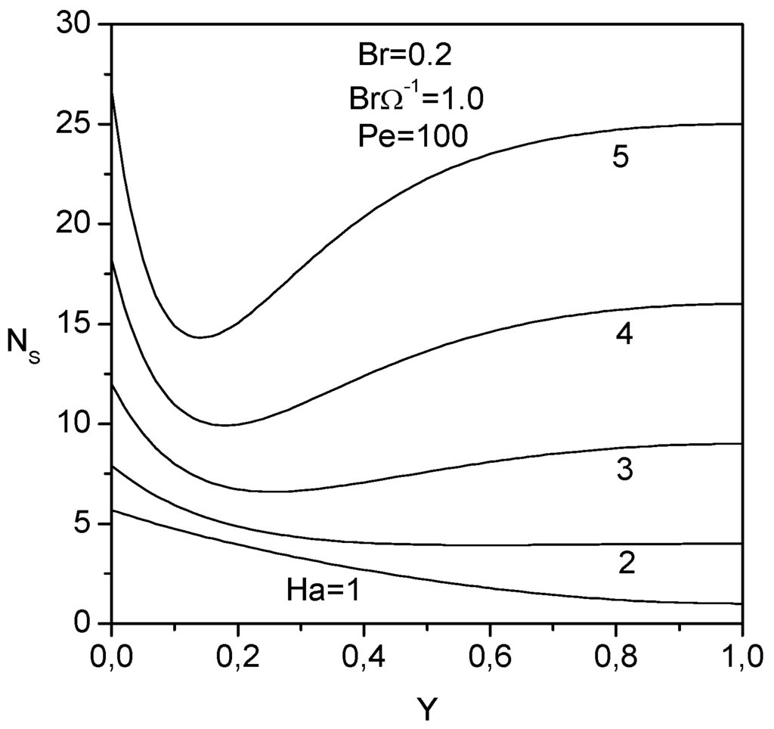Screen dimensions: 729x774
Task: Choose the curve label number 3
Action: click(x=624, y=470)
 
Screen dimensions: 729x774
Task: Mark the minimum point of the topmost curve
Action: click(x=200, y=337)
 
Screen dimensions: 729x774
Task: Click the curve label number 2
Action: click(x=626, y=564)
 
